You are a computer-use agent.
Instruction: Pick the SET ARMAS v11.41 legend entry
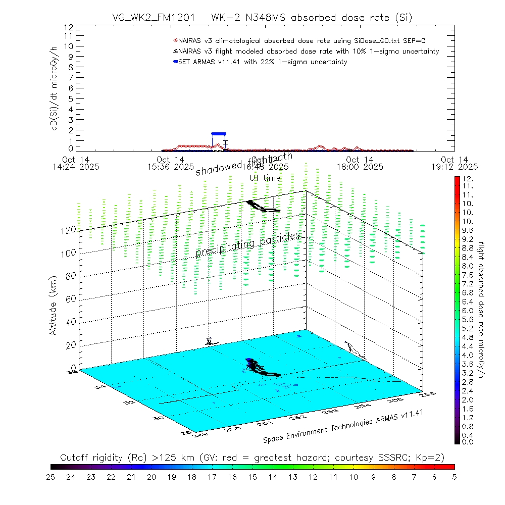click(x=263, y=62)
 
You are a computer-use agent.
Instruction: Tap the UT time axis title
click(x=265, y=178)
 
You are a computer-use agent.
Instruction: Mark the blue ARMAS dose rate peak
click(x=219, y=134)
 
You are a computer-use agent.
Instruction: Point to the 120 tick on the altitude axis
click(x=69, y=230)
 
